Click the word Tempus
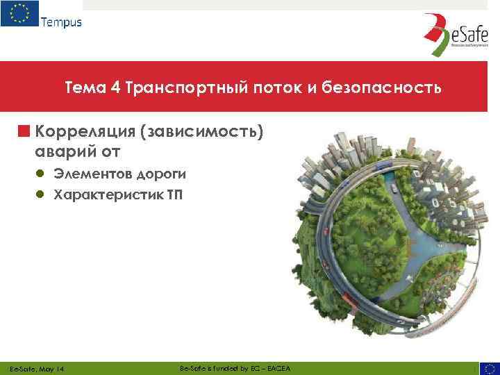tap(61, 22)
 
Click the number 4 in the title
tap(115, 88)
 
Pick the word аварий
tap(64, 150)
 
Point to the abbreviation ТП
tap(174, 193)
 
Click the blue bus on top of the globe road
tap(392, 188)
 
